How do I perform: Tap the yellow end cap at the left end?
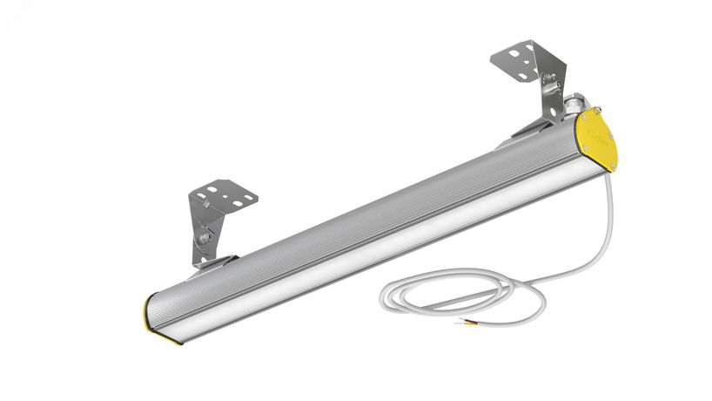pos(157,320)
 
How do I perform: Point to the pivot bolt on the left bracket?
pos(206,236)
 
